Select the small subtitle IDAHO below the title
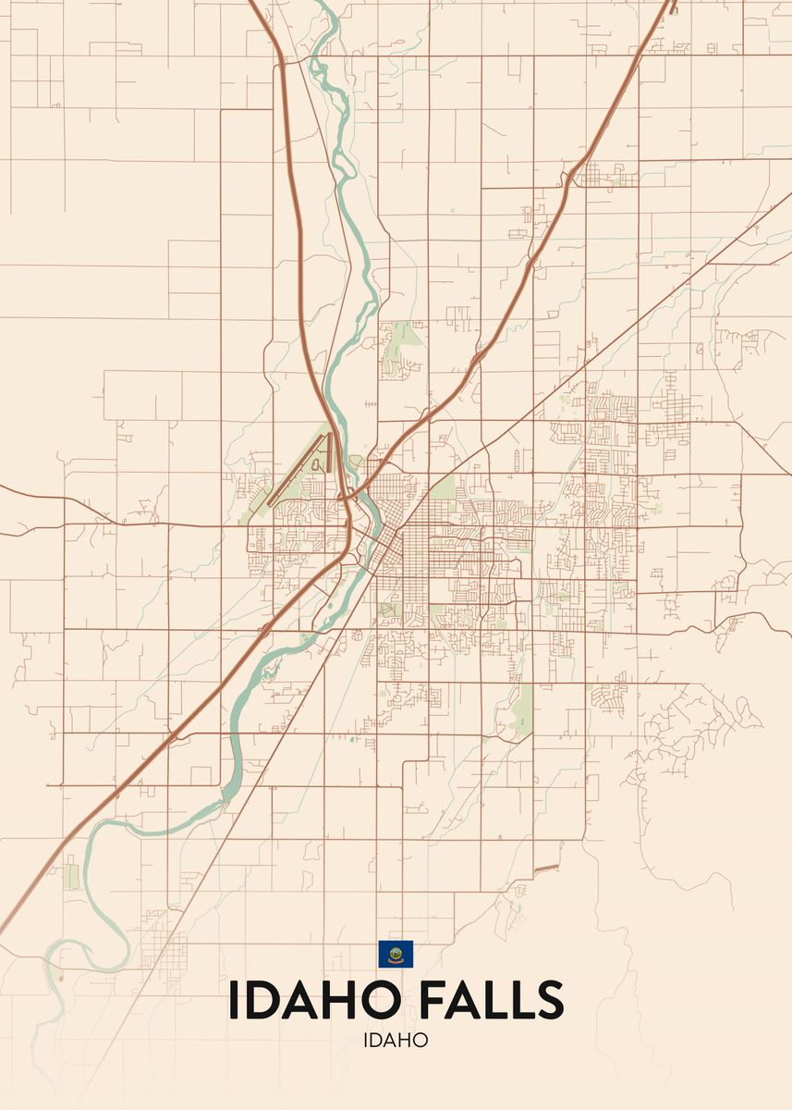click(396, 1040)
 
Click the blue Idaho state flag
click(396, 954)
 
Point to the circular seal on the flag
click(396, 952)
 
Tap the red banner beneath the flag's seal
click(396, 961)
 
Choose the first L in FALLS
click(493, 1000)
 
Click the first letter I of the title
click(233, 1000)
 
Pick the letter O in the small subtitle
click(420, 1040)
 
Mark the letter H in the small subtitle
click(406, 1040)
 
